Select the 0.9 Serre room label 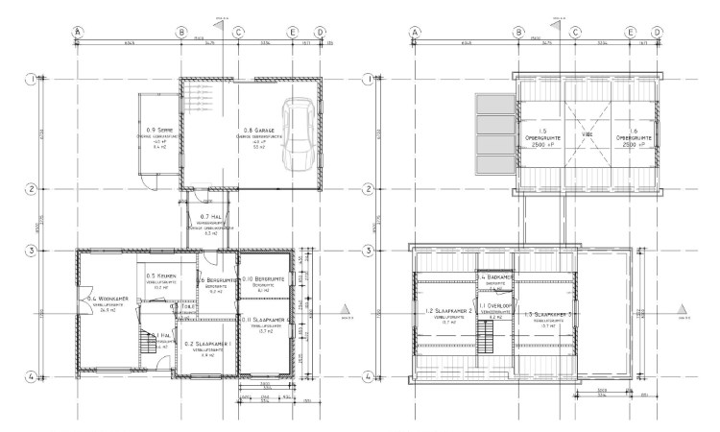click(159, 129)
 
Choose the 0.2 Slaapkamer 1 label click(208, 344)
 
